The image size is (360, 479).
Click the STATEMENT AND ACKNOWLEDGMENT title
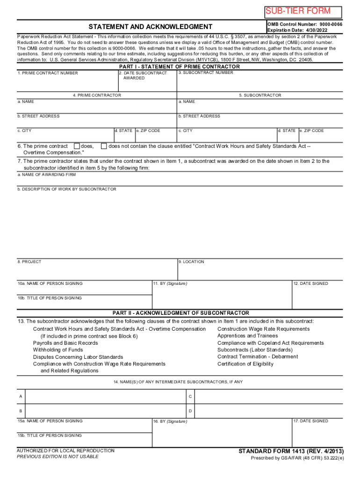(x=151, y=27)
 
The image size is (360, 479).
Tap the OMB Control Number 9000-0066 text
(x=304, y=23)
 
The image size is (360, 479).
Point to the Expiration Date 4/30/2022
(x=298, y=30)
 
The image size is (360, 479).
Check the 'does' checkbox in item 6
(x=78, y=146)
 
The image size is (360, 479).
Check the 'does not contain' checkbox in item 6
(x=104, y=146)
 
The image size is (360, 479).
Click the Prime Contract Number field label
(x=48, y=73)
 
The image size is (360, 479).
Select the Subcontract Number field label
(x=206, y=73)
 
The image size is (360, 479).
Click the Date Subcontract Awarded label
(x=144, y=76)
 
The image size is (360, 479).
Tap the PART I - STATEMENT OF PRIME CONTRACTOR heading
(x=180, y=66)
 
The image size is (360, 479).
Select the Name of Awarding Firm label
(x=47, y=174)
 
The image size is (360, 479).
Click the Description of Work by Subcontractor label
(x=67, y=189)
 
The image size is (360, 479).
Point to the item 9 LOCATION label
(x=191, y=262)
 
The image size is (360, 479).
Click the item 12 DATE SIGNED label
(x=311, y=283)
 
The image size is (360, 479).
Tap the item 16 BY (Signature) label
(x=170, y=421)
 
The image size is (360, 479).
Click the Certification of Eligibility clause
(x=245, y=364)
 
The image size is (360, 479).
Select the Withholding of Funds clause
(x=58, y=350)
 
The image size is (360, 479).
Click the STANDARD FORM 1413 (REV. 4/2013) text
(x=291, y=451)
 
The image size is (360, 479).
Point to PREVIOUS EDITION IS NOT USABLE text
(x=58, y=457)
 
